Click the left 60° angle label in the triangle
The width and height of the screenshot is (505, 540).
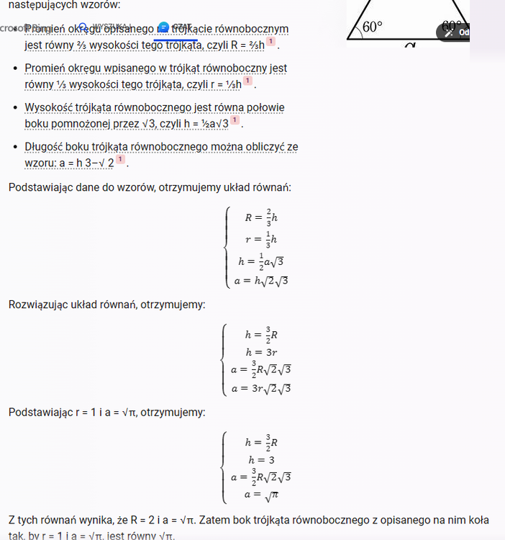click(372, 27)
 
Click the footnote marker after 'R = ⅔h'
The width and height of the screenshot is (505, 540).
click(270, 42)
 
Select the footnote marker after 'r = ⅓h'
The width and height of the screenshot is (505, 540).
click(247, 81)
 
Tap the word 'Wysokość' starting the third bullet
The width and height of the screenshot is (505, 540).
click(47, 108)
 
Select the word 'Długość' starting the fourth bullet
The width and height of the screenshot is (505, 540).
click(45, 147)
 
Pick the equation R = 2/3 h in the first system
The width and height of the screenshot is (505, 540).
click(260, 217)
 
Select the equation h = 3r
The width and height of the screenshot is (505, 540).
click(260, 352)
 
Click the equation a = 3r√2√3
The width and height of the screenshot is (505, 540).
click(260, 389)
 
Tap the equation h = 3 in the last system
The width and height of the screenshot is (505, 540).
click(260, 459)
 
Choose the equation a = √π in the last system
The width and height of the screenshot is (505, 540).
click(260, 495)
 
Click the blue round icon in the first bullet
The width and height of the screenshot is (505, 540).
click(164, 27)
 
